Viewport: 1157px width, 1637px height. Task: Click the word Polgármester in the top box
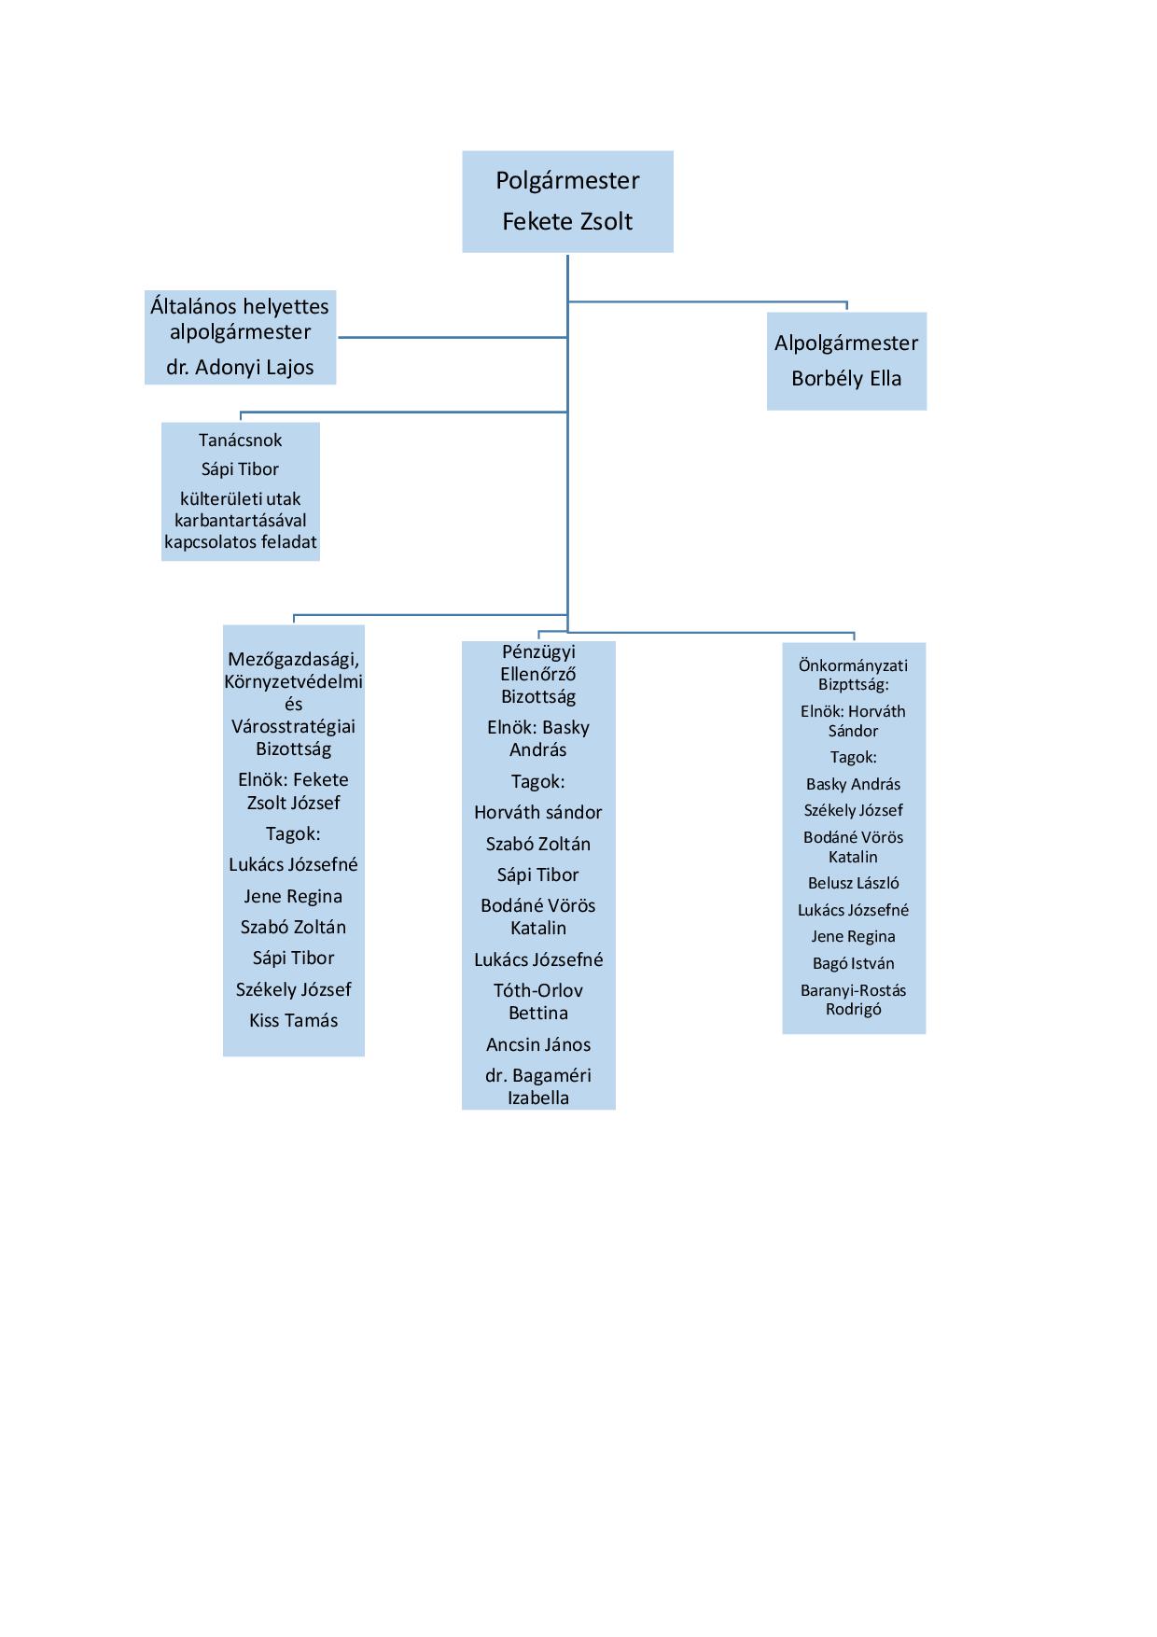tap(567, 181)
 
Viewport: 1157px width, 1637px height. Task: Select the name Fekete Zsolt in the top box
tap(567, 221)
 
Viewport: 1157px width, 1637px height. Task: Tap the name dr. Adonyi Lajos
tap(240, 368)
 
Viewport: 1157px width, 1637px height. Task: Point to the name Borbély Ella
tap(846, 378)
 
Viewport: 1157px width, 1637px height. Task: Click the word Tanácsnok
tap(240, 441)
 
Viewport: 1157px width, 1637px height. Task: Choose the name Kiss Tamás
tap(293, 1020)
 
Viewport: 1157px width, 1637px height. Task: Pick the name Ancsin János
tap(538, 1044)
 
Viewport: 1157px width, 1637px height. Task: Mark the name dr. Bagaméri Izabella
tap(538, 1086)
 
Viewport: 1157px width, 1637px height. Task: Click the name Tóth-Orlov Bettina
tap(538, 1001)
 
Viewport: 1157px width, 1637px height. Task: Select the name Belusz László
tap(853, 883)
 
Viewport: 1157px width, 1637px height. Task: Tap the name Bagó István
tap(853, 963)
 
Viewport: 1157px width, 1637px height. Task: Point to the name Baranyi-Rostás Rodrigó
tap(853, 1000)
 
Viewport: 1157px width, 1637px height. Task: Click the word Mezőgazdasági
tap(293, 660)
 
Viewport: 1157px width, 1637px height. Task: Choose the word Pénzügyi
tap(538, 652)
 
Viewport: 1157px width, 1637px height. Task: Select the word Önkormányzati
tap(853, 665)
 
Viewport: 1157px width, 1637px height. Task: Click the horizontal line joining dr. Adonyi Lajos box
tap(453, 337)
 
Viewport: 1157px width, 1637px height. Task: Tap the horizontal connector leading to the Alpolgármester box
tap(707, 301)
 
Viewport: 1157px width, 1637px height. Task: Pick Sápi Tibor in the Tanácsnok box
tap(240, 469)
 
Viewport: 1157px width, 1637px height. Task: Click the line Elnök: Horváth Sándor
tap(853, 721)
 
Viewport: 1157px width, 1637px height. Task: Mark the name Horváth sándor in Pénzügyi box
tap(538, 813)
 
